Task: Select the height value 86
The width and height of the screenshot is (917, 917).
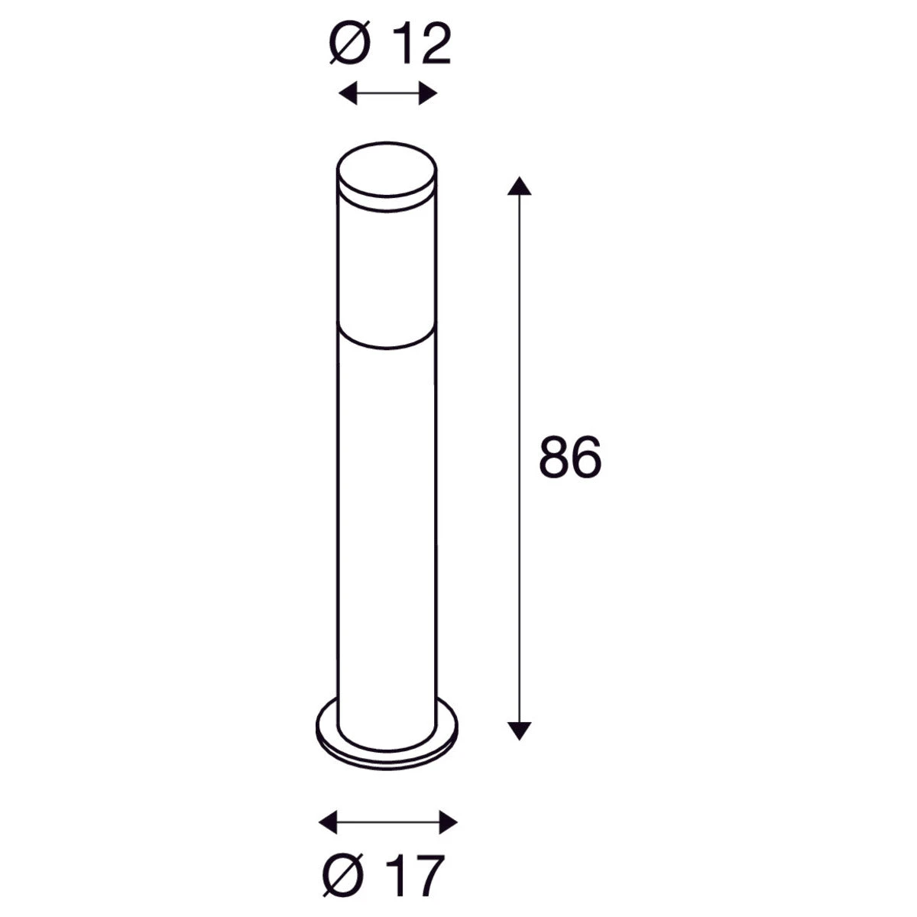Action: (x=570, y=457)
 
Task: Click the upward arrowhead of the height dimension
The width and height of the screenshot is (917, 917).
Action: (x=519, y=186)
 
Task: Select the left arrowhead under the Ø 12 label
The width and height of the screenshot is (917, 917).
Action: (x=348, y=92)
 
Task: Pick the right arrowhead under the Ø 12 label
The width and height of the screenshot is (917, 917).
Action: (x=428, y=92)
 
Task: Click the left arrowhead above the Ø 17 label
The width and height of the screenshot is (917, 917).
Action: (x=328, y=821)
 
